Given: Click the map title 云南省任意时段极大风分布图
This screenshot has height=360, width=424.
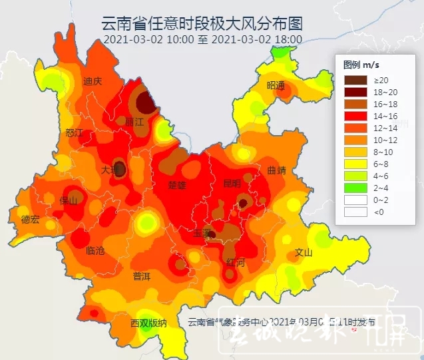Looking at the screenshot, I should [x=202, y=24].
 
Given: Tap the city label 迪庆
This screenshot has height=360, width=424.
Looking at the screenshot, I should [x=93, y=81].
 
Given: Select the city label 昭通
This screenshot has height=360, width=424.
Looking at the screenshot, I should [x=276, y=85].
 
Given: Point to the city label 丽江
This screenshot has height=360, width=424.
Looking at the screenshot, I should [x=134, y=122].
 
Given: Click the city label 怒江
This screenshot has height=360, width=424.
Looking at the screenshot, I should [x=75, y=133].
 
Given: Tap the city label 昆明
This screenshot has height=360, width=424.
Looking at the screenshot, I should [x=232, y=183].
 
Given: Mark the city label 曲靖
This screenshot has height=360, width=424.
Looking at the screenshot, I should [x=276, y=170].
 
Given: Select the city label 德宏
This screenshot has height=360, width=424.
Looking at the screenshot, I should [x=31, y=219].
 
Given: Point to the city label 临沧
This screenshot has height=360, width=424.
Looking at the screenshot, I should [x=96, y=250].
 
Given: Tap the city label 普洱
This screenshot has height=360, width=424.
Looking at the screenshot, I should [x=141, y=275].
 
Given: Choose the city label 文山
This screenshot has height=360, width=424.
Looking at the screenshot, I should [x=304, y=253].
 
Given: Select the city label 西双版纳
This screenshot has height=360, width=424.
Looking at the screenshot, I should [x=148, y=323].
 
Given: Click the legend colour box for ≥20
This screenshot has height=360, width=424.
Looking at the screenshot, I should [x=355, y=80].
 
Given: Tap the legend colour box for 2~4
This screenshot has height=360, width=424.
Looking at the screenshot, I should [x=355, y=188].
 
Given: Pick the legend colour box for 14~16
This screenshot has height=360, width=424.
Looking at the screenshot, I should [x=355, y=116].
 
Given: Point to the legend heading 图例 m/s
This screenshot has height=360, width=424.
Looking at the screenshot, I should [x=361, y=65].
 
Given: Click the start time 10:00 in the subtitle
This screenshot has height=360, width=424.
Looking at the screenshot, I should [x=182, y=39].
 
